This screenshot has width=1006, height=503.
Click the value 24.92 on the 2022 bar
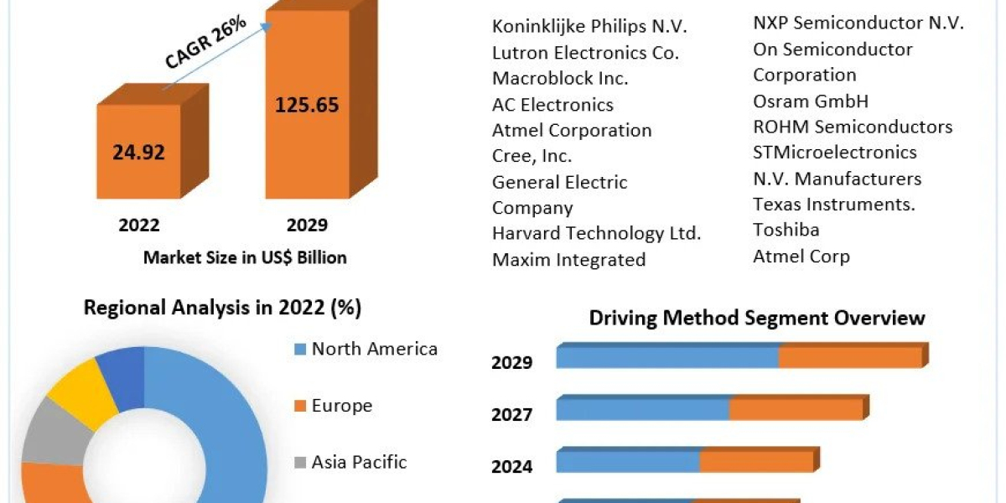[x=138, y=153]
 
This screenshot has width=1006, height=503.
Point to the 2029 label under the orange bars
[x=307, y=225]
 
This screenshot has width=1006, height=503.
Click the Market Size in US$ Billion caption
[x=245, y=257]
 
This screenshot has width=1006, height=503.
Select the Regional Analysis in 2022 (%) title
[x=222, y=308]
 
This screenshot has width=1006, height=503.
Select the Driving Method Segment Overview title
[x=757, y=318]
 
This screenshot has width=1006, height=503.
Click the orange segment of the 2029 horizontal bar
[x=850, y=356]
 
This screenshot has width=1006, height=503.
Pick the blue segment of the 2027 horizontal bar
[x=642, y=409]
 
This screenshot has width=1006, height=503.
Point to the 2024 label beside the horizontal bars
[x=511, y=466]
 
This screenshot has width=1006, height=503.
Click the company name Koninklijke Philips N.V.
[x=589, y=26]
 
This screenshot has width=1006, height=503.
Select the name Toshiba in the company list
[x=786, y=230]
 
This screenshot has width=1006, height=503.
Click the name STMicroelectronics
[x=834, y=153]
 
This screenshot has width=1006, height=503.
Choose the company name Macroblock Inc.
[x=559, y=78]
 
